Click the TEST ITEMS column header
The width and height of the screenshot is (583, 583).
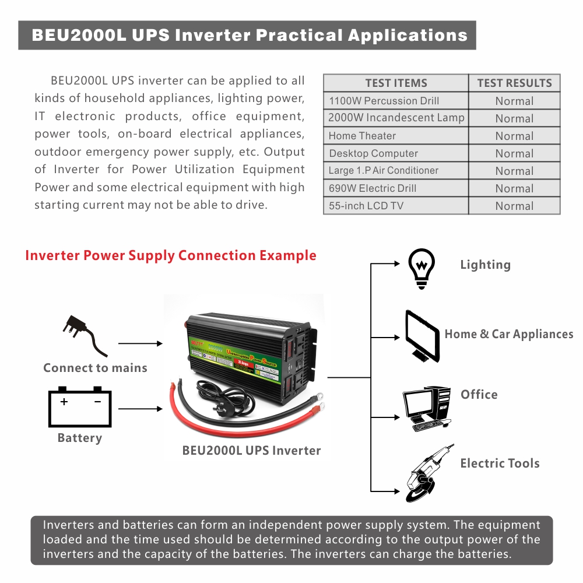[x=396, y=83]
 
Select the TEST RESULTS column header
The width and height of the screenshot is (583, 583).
[x=514, y=83]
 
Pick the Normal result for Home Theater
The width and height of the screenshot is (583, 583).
[x=514, y=136]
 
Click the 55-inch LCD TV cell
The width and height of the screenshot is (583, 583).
[x=366, y=206]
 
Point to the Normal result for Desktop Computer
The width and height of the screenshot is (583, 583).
[x=514, y=153]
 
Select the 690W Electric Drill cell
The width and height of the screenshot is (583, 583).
[x=373, y=188]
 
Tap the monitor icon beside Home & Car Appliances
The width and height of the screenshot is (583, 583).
[x=422, y=336]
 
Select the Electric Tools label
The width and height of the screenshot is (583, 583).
[x=500, y=463]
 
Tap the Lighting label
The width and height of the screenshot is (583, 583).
[x=485, y=265]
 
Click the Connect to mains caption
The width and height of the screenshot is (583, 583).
[x=95, y=368]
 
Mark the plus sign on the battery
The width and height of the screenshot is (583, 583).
[x=64, y=402]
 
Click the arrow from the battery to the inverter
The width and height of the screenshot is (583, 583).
[x=140, y=409]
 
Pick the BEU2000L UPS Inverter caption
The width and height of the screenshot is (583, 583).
[x=251, y=451]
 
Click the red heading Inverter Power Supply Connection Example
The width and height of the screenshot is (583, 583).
[x=171, y=255]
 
